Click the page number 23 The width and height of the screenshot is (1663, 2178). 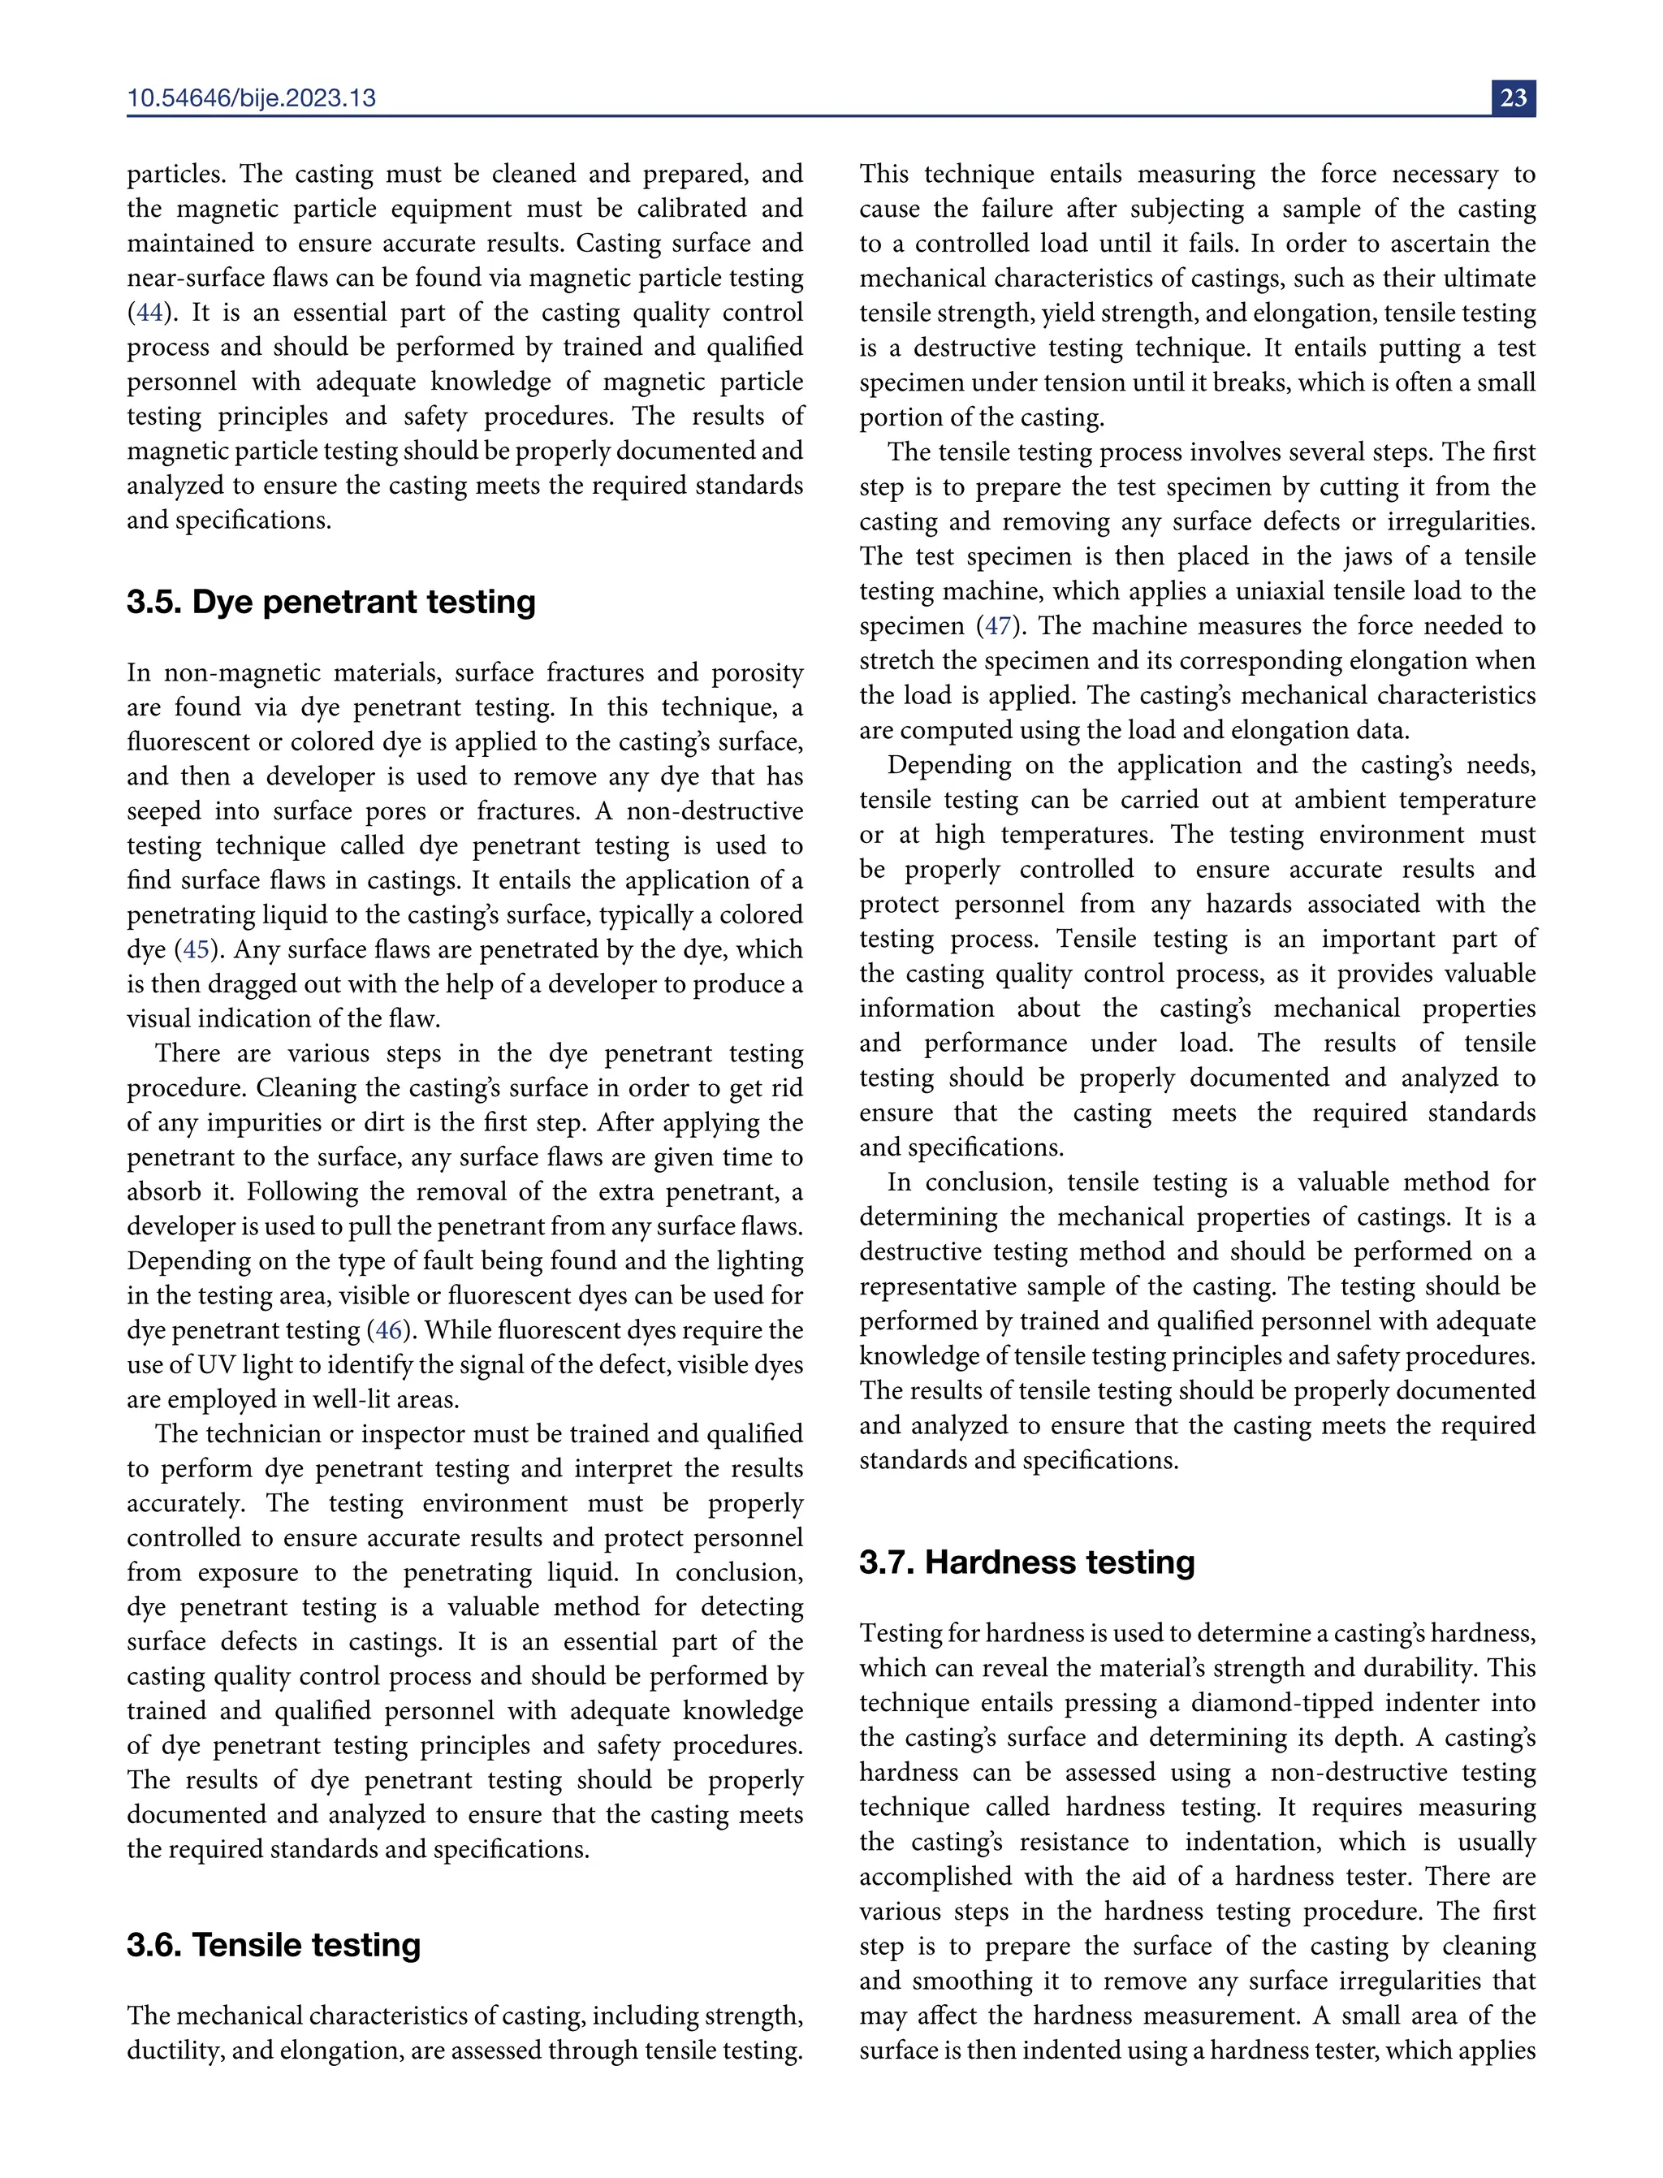tap(1513, 98)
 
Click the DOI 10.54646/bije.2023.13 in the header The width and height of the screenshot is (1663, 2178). tap(252, 98)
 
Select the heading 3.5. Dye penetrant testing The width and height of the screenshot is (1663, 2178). tap(330, 602)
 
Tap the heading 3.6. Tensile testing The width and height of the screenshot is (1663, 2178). tap(273, 1944)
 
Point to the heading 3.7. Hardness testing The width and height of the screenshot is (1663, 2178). tap(1026, 1562)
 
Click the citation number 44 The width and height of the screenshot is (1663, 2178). tap(149, 313)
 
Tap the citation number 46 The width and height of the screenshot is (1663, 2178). tap(389, 1329)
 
